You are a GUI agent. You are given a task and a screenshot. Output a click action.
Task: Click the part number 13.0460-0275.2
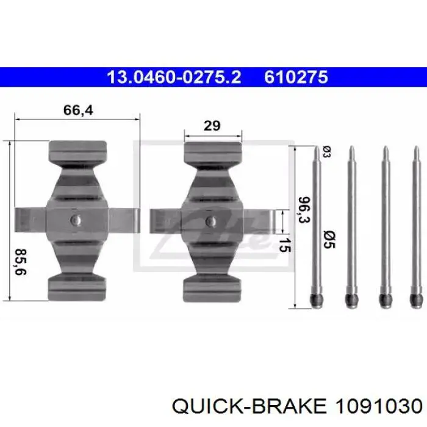tap(174, 77)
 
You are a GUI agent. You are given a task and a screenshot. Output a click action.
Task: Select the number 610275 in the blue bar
tap(296, 77)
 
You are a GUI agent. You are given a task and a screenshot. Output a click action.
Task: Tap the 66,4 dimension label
tap(78, 110)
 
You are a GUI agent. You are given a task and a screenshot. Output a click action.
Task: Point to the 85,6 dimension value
tap(20, 262)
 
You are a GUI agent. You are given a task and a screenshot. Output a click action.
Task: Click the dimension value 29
tap(212, 126)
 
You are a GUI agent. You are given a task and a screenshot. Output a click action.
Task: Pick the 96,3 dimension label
tap(304, 209)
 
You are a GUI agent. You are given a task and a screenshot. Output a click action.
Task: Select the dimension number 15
tap(285, 245)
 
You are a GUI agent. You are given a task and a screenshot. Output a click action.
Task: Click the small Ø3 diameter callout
tap(327, 152)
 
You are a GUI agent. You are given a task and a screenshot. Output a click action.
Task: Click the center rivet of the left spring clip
tap(76, 220)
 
